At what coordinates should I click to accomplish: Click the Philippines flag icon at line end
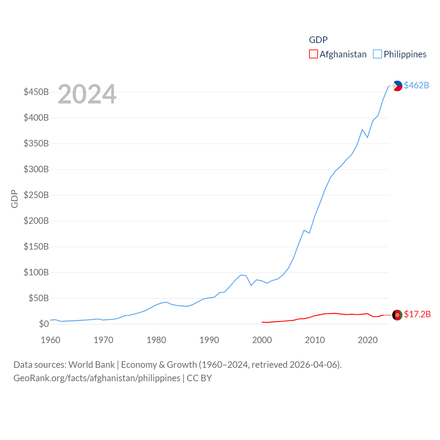[397, 86]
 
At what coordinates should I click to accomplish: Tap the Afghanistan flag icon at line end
[397, 315]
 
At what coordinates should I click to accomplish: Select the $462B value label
[416, 85]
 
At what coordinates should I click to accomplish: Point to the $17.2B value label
[417, 314]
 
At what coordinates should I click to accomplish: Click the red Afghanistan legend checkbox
[313, 54]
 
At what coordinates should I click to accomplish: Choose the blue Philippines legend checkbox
[377, 54]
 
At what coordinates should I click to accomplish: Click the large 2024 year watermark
[87, 94]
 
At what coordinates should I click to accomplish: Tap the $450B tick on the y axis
[36, 92]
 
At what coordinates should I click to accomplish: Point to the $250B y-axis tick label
[36, 195]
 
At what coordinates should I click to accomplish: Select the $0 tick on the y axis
[44, 324]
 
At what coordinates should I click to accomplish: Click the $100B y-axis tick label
[36, 273]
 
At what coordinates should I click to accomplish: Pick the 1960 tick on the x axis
[51, 340]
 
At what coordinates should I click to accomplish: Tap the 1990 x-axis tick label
[209, 340]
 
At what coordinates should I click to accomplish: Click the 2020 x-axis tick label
[367, 340]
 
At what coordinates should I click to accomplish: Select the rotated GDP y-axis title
[14, 199]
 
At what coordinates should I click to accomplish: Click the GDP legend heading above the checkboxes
[318, 40]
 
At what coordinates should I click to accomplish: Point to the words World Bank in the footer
[91, 365]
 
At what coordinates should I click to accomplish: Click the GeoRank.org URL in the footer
[97, 378]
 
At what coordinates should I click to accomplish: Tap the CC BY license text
[199, 378]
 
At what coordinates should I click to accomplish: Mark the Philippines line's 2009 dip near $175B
[309, 233]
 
